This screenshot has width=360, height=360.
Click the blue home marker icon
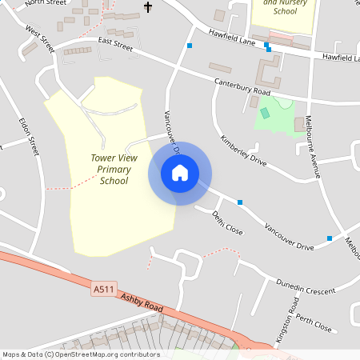[x=179, y=173]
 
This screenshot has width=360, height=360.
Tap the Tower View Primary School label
[x=114, y=170]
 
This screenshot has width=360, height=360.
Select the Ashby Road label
[x=142, y=303]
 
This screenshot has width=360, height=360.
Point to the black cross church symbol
[x=147, y=7]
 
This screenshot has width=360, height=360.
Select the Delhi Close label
[x=227, y=222]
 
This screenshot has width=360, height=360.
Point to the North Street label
[x=45, y=3]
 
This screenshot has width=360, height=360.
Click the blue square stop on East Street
[x=189, y=46]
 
